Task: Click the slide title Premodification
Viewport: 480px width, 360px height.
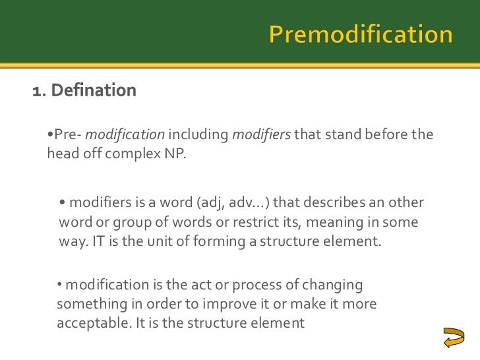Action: pos(360,34)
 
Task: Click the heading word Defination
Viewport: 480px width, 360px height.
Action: pos(93,90)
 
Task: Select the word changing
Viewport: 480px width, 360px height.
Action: pos(330,286)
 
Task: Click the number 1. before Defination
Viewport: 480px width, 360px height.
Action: pos(39,90)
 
